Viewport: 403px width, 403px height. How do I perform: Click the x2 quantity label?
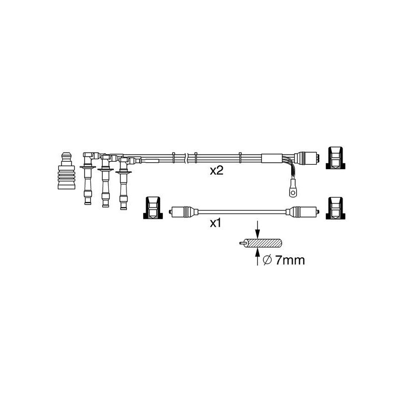click(217, 171)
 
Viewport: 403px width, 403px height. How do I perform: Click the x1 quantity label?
click(216, 223)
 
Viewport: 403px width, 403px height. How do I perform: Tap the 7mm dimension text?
click(290, 260)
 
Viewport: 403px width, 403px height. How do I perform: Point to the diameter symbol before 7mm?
click(267, 260)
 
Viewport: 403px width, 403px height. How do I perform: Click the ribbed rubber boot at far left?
click(66, 171)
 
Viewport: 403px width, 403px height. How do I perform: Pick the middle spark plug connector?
click(105, 180)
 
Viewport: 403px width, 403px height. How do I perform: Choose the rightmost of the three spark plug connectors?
click(123, 183)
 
